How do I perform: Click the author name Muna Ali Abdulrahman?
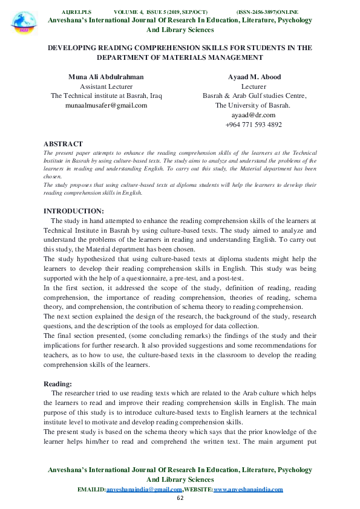tap(106, 77)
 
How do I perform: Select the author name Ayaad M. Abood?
tap(254, 77)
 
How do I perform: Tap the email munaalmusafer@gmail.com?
tap(106, 105)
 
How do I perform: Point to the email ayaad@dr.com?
tap(254, 115)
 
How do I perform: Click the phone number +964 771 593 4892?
tap(254, 125)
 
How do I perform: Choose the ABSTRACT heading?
tap(64, 144)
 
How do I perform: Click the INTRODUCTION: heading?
tap(74, 210)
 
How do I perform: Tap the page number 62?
tap(180, 498)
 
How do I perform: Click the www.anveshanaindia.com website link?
tap(248, 489)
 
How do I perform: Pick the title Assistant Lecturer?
tap(106, 86)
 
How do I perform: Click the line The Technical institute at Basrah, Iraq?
tap(106, 96)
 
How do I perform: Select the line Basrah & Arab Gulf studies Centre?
tap(254, 96)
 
